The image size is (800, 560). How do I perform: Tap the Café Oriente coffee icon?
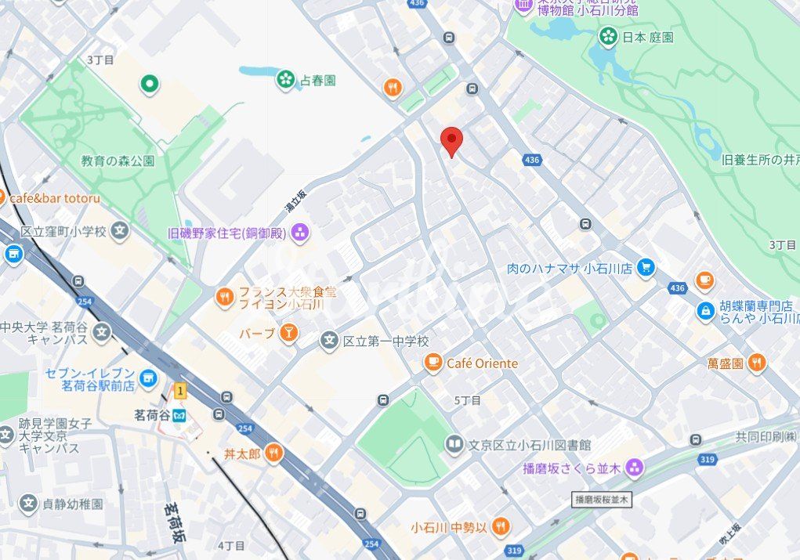(x=433, y=363)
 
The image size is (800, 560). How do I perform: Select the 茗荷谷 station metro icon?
(x=181, y=414)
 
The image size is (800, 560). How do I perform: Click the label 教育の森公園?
(x=118, y=161)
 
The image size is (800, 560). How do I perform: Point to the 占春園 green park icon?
(x=285, y=79)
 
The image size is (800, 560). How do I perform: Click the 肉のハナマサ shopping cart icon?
(x=645, y=268)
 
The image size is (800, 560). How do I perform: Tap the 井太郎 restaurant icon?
(x=273, y=453)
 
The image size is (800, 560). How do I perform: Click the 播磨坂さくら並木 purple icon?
(x=634, y=468)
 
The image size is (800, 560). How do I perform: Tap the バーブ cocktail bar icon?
(x=289, y=334)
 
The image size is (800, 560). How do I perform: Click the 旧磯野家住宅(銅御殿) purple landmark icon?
(x=299, y=232)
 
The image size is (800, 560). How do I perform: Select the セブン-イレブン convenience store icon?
(x=147, y=381)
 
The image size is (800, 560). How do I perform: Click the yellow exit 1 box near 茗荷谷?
(x=181, y=390)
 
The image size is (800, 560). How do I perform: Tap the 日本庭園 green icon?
(x=608, y=36)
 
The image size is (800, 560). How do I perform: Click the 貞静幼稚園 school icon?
(x=28, y=504)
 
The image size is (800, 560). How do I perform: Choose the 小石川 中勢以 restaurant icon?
(x=501, y=527)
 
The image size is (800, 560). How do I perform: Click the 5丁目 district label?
(x=468, y=400)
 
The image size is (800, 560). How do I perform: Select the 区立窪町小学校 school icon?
(x=119, y=231)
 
